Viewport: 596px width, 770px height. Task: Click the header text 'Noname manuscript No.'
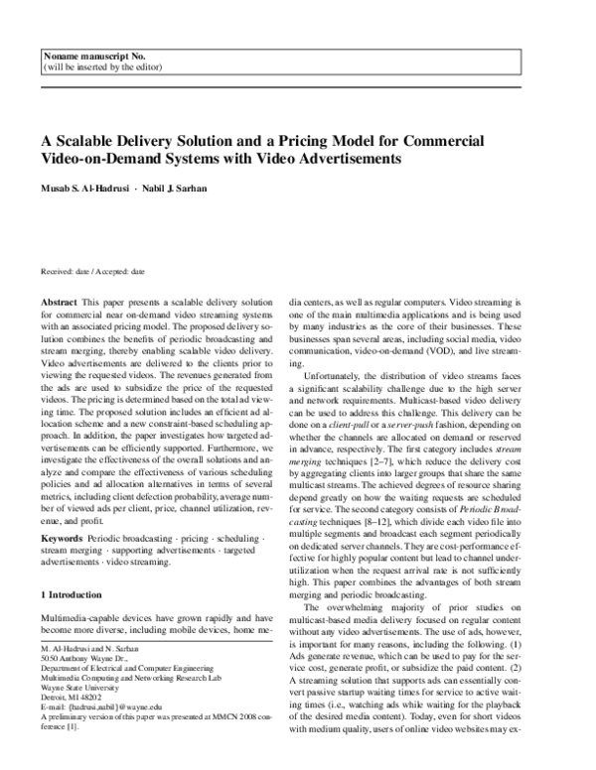(82, 58)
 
